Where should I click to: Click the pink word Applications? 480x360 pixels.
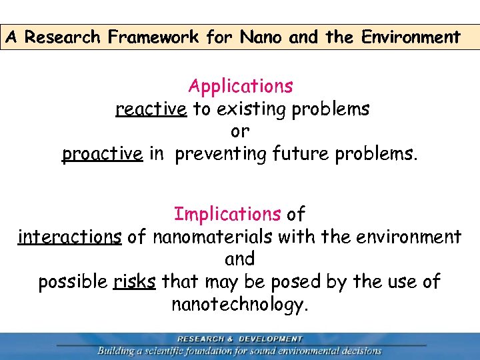click(240, 86)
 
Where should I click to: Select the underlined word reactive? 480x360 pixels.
click(151, 109)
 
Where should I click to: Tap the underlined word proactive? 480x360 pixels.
click(102, 154)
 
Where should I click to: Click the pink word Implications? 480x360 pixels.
click(227, 214)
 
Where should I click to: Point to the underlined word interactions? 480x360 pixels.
click(70, 237)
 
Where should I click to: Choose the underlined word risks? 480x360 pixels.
click(135, 282)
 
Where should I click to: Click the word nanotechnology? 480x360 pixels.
click(240, 305)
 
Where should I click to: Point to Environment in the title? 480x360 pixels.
click(411, 37)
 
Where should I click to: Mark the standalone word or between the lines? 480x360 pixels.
click(240, 131)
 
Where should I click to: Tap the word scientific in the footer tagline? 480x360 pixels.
click(177, 351)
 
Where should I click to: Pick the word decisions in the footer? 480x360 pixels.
click(359, 351)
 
